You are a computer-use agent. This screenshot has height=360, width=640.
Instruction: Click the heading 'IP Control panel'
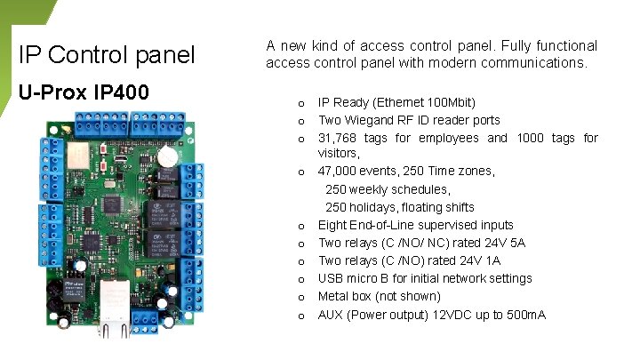(106, 55)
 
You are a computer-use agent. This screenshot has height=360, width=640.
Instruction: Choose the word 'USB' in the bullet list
(331, 278)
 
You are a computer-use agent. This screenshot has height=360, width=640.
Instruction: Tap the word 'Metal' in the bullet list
(333, 296)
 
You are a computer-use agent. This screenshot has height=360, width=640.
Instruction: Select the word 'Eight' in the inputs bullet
(333, 225)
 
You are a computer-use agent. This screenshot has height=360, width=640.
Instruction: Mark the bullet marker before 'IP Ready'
(302, 103)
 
